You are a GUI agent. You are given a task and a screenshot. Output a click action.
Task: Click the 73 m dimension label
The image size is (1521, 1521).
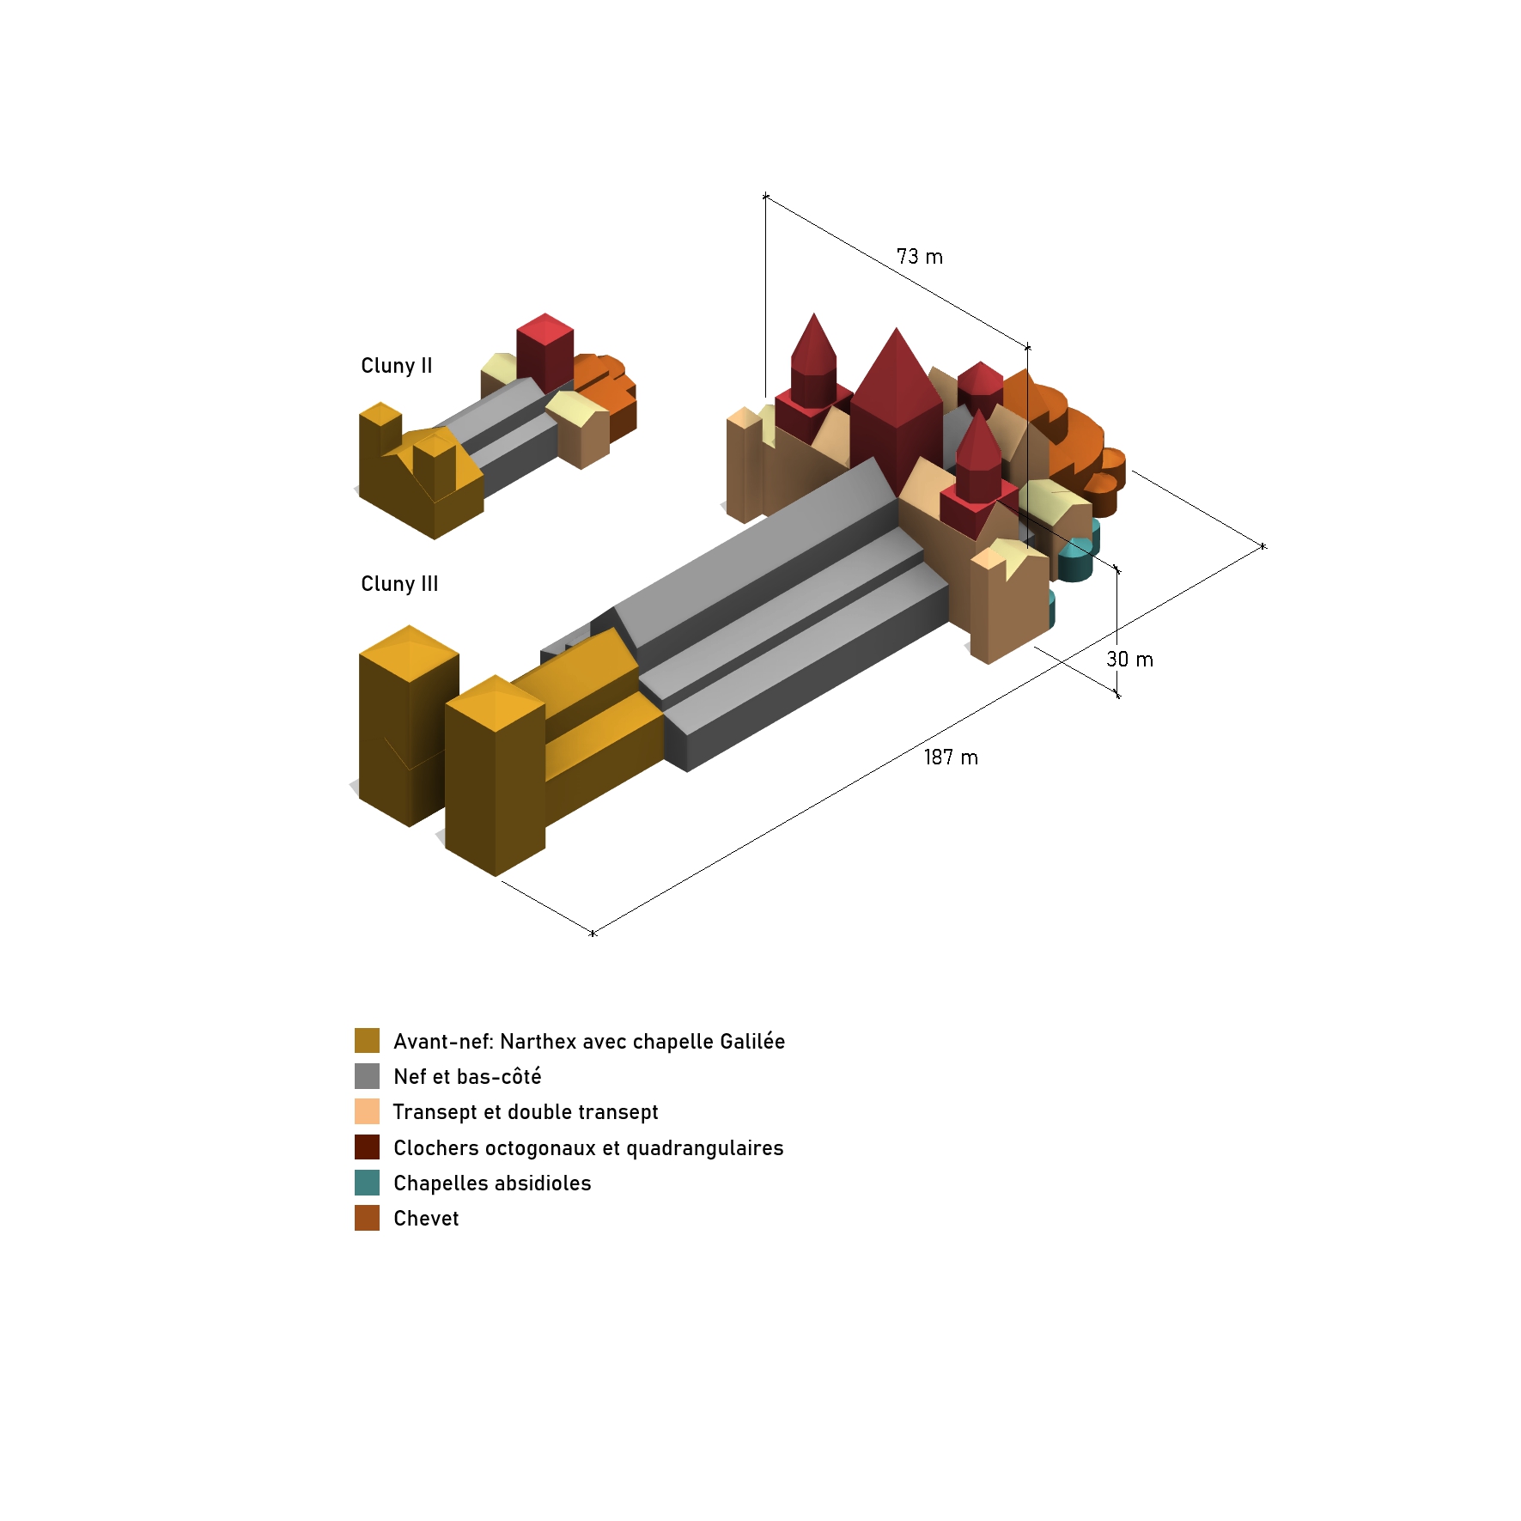click(x=920, y=257)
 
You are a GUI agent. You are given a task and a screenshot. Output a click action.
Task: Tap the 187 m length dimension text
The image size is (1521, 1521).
click(x=951, y=757)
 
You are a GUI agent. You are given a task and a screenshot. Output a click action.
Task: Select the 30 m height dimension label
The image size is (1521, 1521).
click(x=1129, y=660)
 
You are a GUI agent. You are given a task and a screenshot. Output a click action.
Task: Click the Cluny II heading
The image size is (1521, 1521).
click(x=397, y=366)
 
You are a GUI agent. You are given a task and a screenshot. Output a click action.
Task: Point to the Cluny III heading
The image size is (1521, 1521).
click(x=399, y=584)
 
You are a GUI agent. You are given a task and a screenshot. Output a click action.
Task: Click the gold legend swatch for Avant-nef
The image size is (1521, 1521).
click(x=367, y=1040)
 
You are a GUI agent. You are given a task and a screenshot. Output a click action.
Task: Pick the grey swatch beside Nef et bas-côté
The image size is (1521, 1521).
click(x=367, y=1076)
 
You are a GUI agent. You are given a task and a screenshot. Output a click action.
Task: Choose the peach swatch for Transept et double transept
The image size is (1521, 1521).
click(x=367, y=1111)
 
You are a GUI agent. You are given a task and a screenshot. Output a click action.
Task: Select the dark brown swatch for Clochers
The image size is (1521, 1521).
click(x=367, y=1147)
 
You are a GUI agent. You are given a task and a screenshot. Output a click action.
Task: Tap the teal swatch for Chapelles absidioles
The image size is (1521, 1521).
click(x=367, y=1183)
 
